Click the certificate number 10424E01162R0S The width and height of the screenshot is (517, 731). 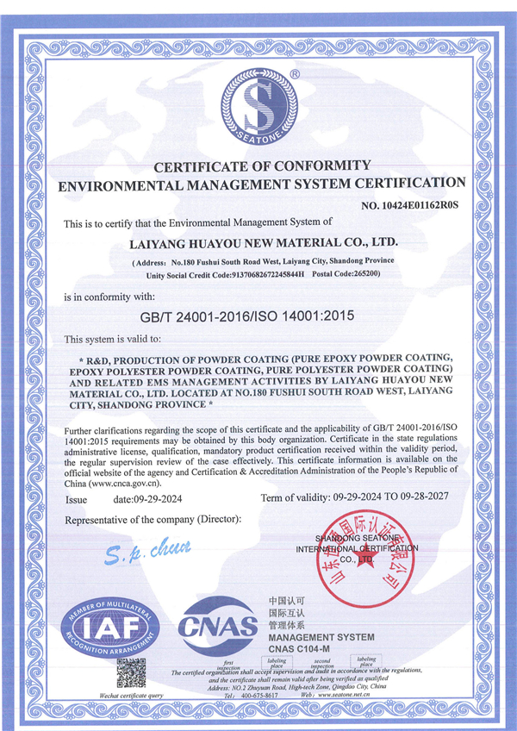coord(410,205)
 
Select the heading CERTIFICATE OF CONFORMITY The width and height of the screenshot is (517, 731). coord(262,165)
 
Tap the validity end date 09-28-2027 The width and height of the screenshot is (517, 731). coord(432,498)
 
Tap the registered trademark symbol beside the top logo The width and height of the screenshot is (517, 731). coord(294,75)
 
